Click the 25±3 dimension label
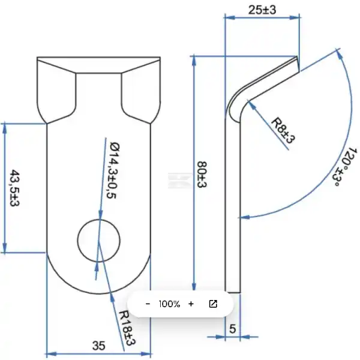point(262,10)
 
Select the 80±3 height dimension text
point(202,175)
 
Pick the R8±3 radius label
point(283,130)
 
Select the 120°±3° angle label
point(344,167)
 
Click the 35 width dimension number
point(99,346)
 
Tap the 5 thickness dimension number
point(233,329)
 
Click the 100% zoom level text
point(169,304)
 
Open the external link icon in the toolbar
point(213,304)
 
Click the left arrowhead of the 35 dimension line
point(52,354)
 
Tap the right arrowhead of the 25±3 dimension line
point(294,17)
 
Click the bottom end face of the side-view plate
point(233,293)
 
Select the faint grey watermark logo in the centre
point(180,181)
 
